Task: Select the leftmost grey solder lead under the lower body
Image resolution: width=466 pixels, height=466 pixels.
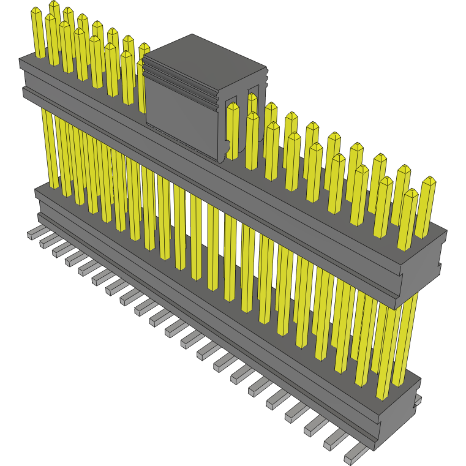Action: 36,233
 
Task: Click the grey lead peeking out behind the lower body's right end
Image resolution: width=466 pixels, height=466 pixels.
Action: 418,400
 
